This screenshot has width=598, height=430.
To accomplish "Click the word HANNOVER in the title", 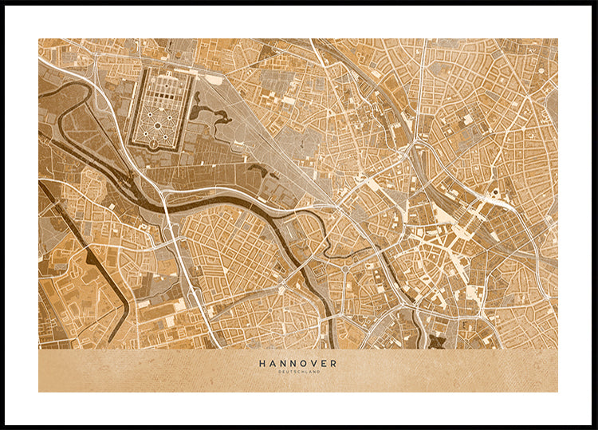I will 297,363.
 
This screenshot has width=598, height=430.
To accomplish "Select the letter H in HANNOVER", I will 262,363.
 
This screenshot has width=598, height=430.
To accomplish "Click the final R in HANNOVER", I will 333,363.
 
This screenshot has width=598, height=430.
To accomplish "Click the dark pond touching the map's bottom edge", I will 436,342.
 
